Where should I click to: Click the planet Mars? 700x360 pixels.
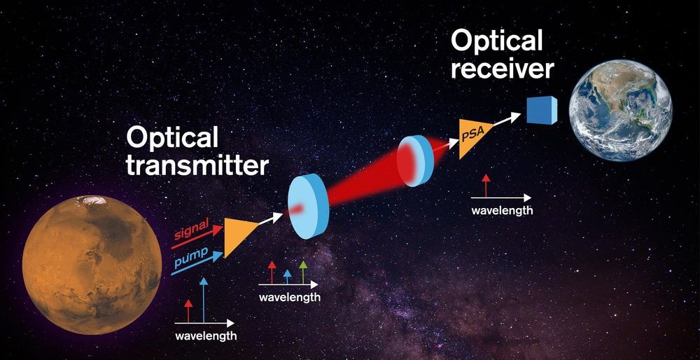coord(92,265)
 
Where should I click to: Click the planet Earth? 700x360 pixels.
coord(620,111)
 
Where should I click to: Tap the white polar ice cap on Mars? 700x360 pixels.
coord(92,200)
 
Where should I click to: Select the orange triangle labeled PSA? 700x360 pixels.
coord(474,137)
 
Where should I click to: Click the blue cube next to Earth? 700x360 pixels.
coord(542,111)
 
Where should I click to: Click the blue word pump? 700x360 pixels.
coord(192,256)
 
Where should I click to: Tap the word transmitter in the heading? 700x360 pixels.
coord(197,165)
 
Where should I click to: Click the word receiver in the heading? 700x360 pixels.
coord(502,69)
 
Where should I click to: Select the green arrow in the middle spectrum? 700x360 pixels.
coord(303,272)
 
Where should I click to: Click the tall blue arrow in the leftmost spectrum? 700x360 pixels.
coord(204,300)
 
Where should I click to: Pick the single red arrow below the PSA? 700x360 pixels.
coord(486,186)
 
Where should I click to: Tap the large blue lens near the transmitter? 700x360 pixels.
coord(307,207)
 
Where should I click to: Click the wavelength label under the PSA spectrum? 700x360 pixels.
coord(502,210)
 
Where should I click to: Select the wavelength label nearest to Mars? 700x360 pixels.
coord(206,336)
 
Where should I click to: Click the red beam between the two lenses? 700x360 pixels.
coord(363,182)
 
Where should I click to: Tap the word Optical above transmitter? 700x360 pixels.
coord(172,138)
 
